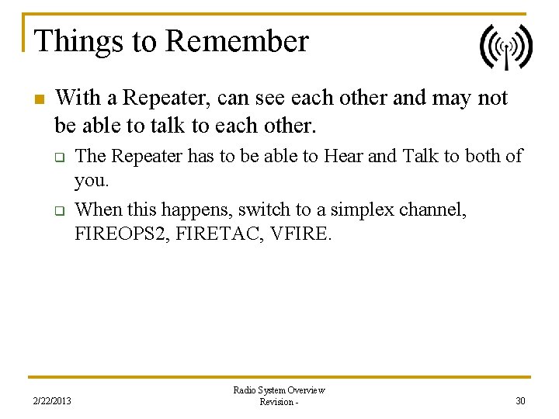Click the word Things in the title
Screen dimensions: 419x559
click(x=68, y=41)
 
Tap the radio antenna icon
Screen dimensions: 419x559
click(x=505, y=47)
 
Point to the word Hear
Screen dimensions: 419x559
click(x=342, y=156)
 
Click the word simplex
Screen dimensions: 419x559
click(x=368, y=209)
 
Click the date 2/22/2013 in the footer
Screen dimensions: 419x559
click(x=51, y=400)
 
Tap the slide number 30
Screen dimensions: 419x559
click(x=519, y=400)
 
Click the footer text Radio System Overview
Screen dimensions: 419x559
click(x=279, y=390)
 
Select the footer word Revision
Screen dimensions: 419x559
click(x=276, y=402)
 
